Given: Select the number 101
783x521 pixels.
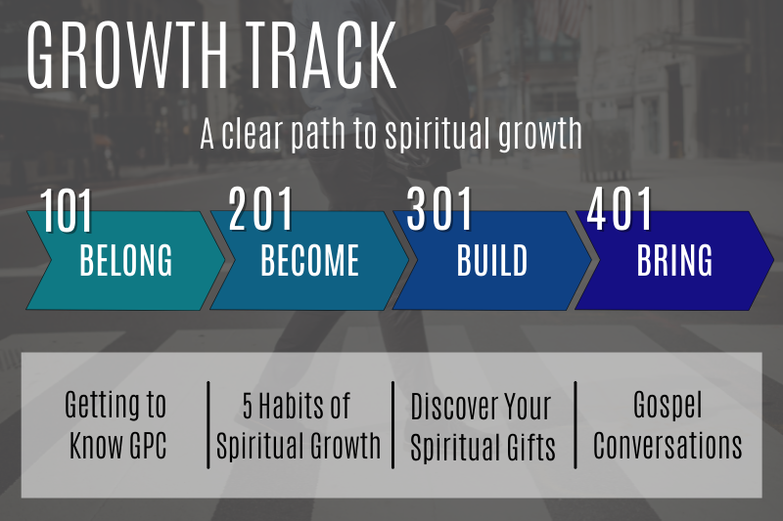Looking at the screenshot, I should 67,212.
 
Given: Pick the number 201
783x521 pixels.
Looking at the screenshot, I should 261,208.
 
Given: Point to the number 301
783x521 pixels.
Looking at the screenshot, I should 440,208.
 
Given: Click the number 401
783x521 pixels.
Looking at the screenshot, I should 620,208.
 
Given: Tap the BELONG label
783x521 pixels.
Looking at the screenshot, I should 125,261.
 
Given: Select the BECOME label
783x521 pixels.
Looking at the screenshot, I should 310,261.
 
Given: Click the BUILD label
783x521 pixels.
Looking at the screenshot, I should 492,261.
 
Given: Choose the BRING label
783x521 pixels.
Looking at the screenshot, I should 674,261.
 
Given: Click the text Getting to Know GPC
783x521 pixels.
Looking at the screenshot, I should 115,425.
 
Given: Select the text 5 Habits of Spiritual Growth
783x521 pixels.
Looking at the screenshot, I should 298,425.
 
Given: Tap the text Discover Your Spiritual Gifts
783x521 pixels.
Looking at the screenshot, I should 483,427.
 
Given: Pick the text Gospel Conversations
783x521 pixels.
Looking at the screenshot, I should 668,425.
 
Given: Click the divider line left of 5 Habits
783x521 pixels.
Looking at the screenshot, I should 208,425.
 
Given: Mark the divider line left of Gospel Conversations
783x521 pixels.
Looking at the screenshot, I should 576,425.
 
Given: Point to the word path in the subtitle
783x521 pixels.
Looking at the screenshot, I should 312,135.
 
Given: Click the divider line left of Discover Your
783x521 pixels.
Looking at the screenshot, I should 392,425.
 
